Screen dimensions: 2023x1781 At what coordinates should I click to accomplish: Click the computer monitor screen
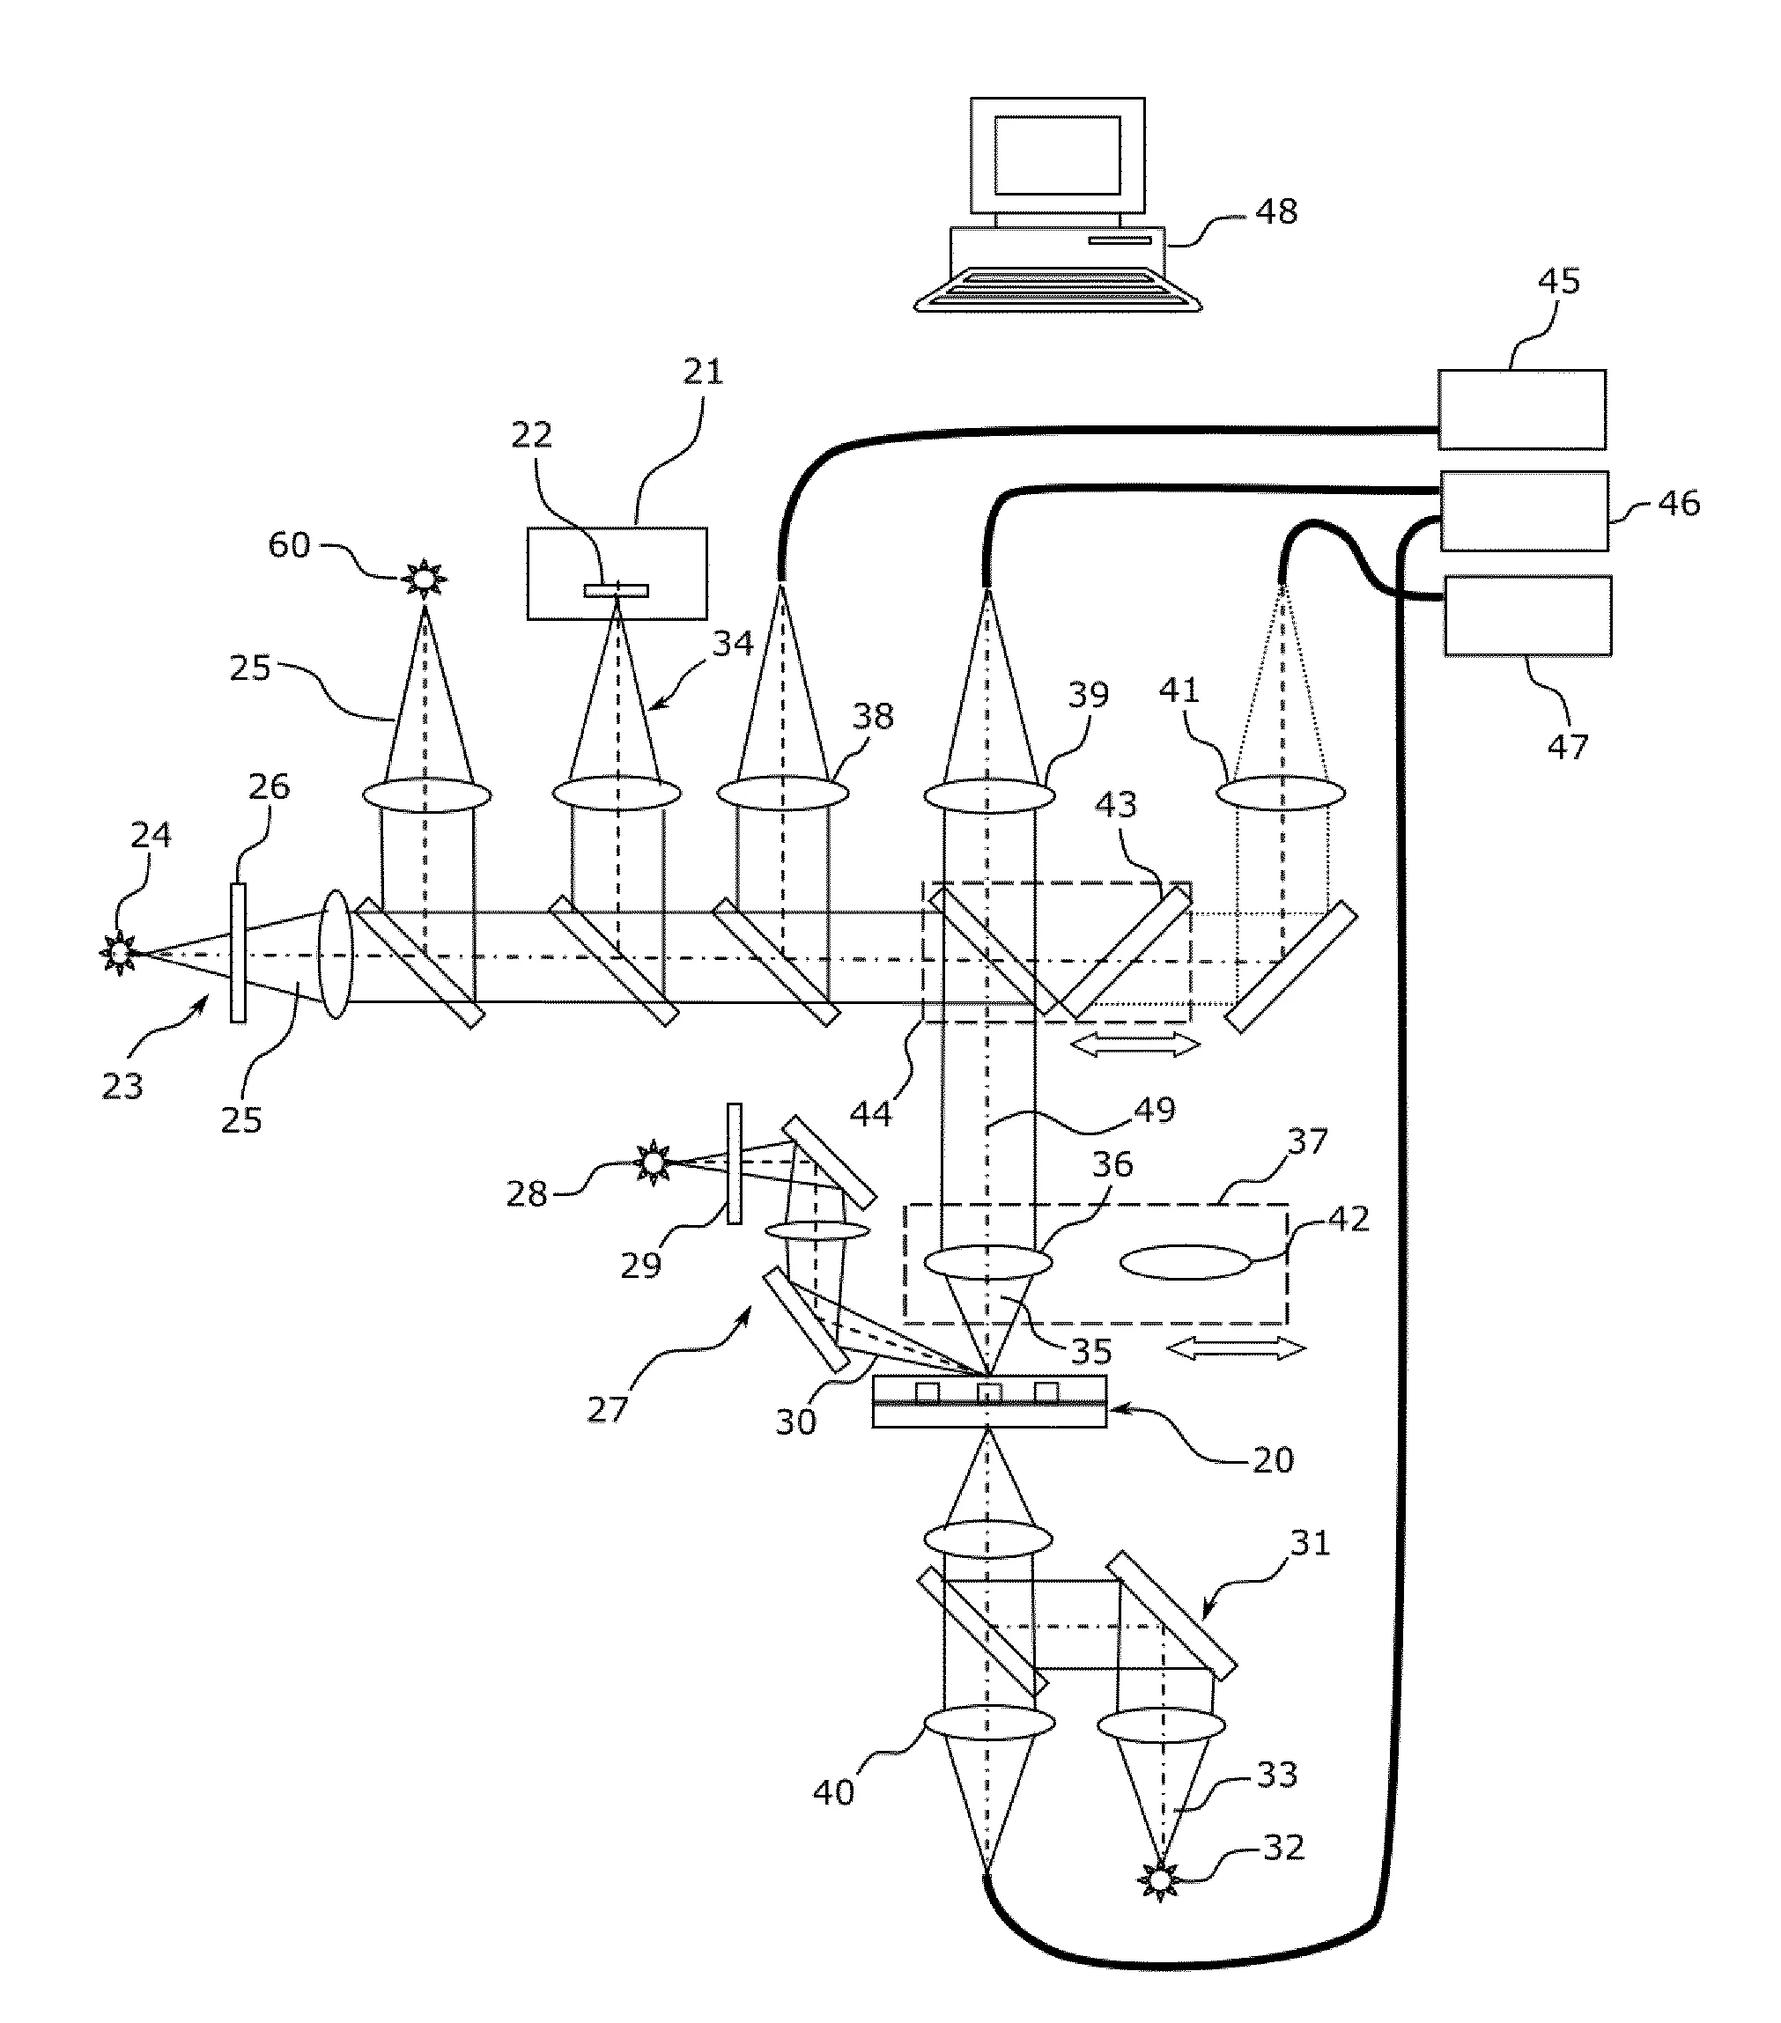tap(1056, 154)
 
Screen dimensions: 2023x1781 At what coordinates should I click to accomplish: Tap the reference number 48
tap(1276, 210)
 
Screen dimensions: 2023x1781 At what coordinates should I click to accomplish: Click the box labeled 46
tap(1524, 511)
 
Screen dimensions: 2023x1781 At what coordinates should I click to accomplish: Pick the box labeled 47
tap(1526, 616)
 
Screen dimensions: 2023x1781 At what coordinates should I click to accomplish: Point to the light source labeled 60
tap(424, 578)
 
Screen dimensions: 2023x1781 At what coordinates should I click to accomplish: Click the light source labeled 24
tap(120, 953)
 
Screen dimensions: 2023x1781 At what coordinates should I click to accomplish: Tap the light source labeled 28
tap(653, 1161)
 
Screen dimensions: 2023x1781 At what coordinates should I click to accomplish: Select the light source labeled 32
tap(1159, 1878)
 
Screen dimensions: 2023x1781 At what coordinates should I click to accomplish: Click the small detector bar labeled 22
tap(616, 591)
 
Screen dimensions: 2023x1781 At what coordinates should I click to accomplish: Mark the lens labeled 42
tap(1185, 1262)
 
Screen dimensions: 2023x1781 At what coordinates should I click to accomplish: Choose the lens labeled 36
tap(987, 1262)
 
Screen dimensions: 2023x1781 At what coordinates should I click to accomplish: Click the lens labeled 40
tap(988, 1723)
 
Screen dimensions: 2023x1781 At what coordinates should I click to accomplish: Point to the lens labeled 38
tap(782, 793)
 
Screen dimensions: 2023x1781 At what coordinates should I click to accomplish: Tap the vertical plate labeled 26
tap(238, 952)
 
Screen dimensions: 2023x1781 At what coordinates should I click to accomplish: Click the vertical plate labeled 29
tap(734, 1164)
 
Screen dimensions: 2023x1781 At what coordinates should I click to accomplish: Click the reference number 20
tap(1273, 1460)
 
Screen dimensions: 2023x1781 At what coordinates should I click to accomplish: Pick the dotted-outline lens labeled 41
tap(1280, 793)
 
